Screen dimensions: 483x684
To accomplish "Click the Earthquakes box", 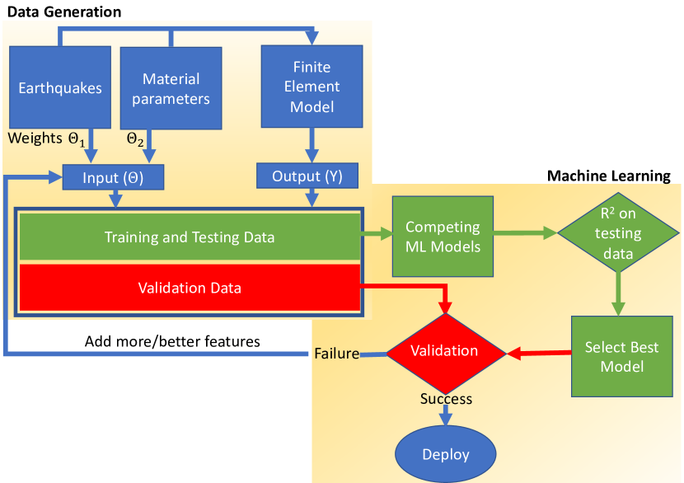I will click(60, 87).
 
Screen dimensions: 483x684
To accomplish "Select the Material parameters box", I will click(171, 88).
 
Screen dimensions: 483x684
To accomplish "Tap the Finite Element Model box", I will click(313, 87).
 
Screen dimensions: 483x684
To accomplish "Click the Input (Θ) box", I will click(114, 177).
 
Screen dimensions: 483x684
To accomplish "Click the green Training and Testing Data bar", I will click(190, 237).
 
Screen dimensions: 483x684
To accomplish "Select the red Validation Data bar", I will click(190, 288).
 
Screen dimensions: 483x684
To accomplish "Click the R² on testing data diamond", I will click(617, 234).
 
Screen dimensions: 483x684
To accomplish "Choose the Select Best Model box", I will click(621, 356).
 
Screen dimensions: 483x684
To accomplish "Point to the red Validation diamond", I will click(444, 351).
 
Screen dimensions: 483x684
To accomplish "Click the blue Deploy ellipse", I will click(445, 454).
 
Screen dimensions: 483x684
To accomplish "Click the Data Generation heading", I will click(64, 12).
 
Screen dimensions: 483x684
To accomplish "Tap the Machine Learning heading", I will click(609, 176).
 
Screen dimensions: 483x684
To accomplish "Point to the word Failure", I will click(336, 354).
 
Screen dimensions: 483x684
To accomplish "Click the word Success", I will click(446, 399).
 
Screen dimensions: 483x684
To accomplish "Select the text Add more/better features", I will click(172, 340).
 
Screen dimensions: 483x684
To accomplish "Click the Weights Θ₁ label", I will click(47, 138).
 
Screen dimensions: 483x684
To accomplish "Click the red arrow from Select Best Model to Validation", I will click(539, 354).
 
